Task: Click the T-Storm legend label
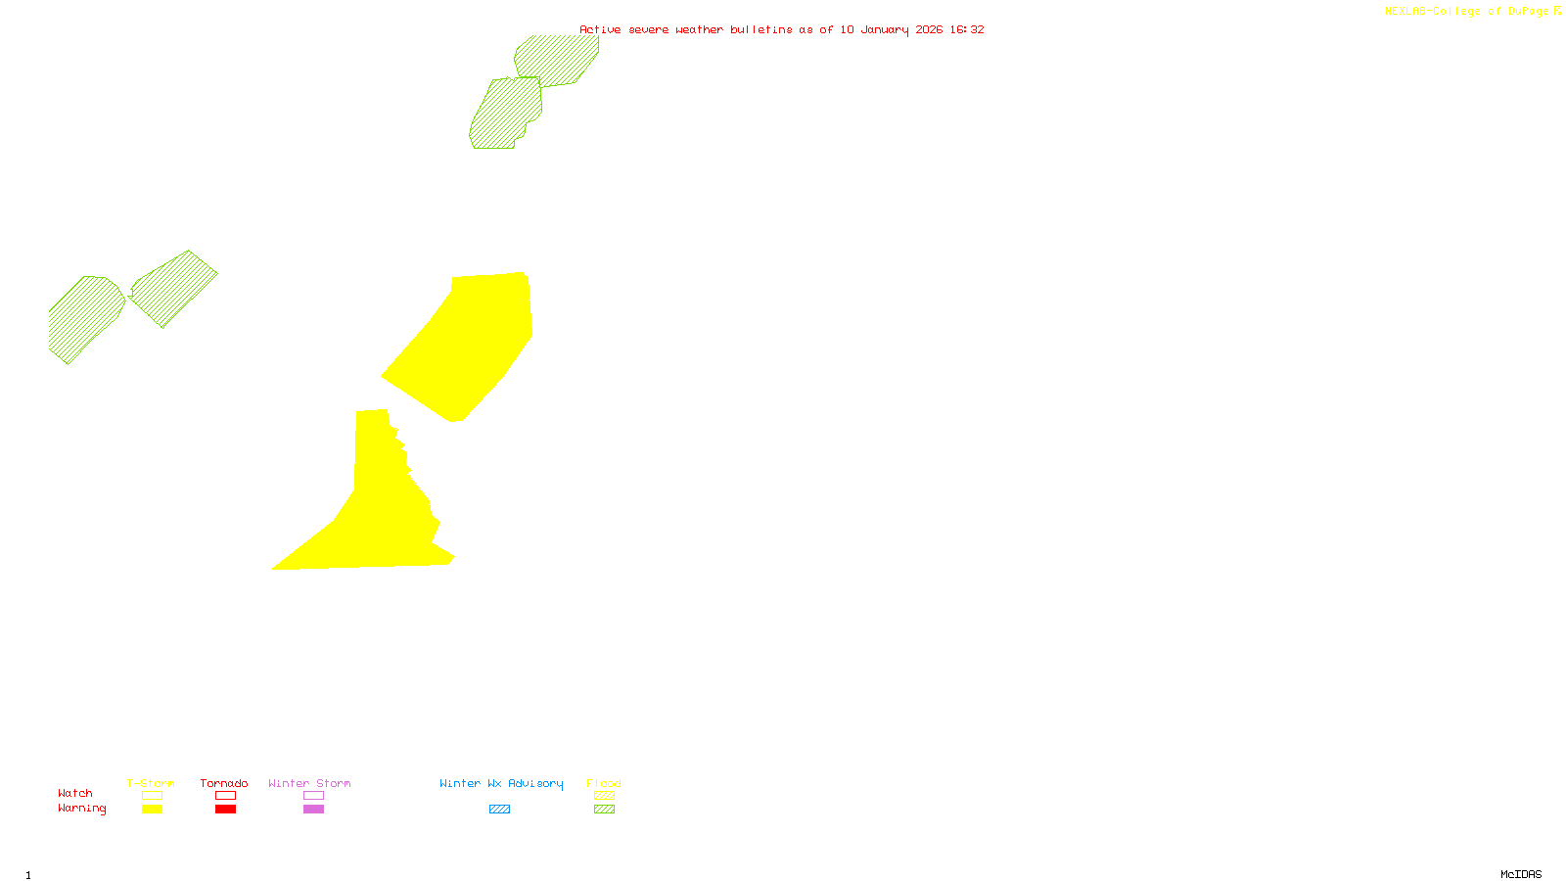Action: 151,783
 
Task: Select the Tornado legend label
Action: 224,783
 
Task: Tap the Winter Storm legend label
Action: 309,783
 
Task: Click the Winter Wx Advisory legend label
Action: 501,783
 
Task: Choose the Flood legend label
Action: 604,783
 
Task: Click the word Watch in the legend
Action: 75,793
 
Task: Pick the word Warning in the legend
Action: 82,809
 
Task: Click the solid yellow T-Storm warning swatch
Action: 152,810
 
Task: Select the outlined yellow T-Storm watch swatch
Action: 152,796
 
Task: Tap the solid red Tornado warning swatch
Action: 225,810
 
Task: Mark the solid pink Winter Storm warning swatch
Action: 313,810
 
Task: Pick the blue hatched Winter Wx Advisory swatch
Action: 499,810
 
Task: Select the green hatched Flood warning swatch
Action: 604,810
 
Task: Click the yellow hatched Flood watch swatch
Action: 604,796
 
